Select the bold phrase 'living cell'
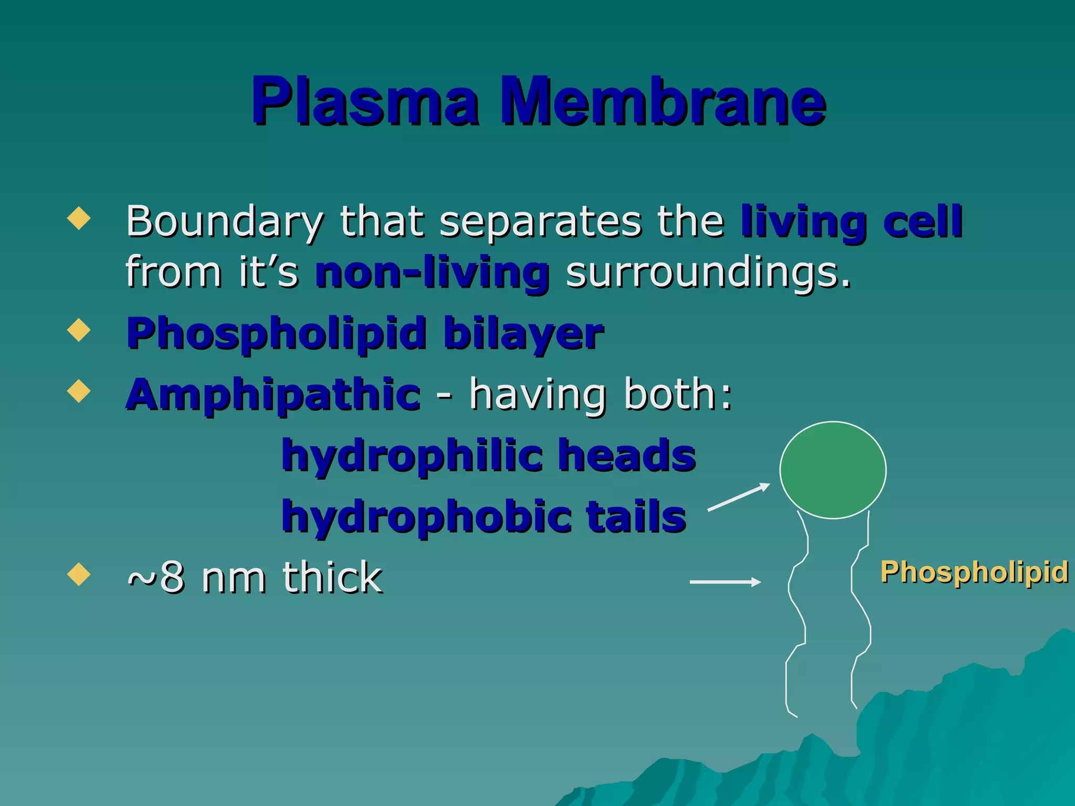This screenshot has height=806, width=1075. coord(851,222)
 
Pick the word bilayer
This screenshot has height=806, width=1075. coord(523,334)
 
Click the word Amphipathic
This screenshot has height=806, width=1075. coord(273,395)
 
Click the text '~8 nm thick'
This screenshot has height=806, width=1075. coord(255,577)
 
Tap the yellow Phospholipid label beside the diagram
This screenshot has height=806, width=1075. coord(974,571)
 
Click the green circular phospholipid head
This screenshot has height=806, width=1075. coord(832,470)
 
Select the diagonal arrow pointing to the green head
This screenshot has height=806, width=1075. coord(739,496)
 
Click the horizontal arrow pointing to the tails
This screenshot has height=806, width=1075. coord(725,581)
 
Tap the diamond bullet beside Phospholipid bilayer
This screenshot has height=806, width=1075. coord(79,330)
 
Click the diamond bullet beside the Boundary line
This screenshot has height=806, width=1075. coord(79,218)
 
